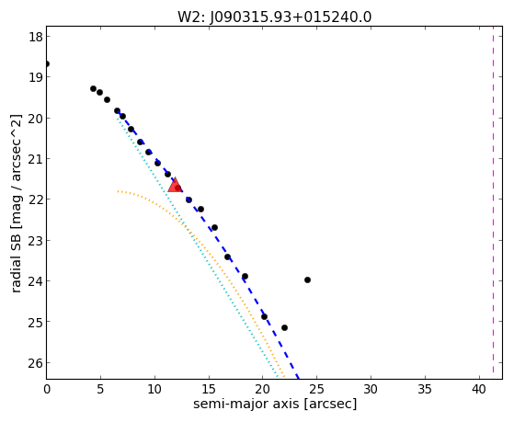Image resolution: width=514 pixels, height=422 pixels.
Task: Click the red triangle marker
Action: coord(175,186)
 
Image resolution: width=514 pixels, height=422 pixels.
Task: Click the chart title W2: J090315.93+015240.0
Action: coord(274,17)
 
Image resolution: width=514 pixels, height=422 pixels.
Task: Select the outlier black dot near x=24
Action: coord(307,279)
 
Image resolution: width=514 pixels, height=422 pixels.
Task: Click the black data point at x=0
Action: coord(47,63)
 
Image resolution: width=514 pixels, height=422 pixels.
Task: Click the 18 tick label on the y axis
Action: coord(36,37)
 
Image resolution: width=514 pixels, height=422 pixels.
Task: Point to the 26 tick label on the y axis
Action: coord(36,362)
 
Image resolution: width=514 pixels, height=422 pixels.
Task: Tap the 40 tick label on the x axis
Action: coord(479,389)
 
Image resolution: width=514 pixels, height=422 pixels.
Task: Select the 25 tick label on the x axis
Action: coord(316,389)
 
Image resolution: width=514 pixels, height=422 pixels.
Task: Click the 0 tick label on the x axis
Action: coord(47,389)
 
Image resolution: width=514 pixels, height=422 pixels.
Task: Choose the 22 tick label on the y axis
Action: coord(36,200)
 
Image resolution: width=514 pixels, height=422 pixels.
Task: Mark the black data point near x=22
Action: coord(284,327)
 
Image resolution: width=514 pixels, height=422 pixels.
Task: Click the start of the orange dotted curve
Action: coord(118,191)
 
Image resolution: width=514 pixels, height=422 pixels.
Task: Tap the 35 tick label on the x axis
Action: coord(425,389)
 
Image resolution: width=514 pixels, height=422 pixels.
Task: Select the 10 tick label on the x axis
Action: coord(154,389)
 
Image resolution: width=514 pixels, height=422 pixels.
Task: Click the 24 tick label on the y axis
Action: coord(36,281)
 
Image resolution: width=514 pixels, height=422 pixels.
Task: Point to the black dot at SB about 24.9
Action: coord(264,317)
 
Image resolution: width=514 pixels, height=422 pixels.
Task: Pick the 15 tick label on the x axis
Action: coord(209,389)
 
